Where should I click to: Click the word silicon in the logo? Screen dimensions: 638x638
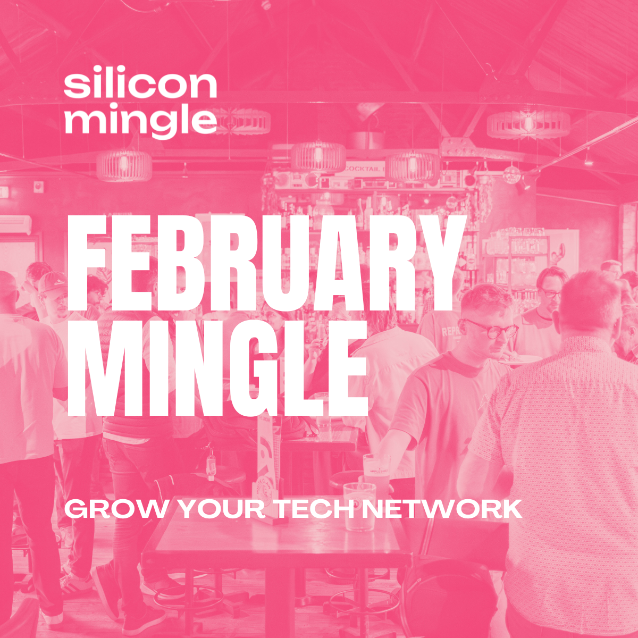coord(140,85)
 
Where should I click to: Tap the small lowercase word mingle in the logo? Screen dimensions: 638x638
coord(140,121)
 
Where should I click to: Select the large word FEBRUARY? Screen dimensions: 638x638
coord(265,266)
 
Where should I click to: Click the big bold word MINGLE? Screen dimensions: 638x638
coord(218,368)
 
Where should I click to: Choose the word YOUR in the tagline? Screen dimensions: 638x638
coord(221,509)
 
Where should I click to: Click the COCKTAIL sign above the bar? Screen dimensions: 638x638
coord(364,169)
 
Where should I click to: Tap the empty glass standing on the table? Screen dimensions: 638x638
coord(359,505)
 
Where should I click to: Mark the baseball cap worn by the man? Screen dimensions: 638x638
coord(52,282)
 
